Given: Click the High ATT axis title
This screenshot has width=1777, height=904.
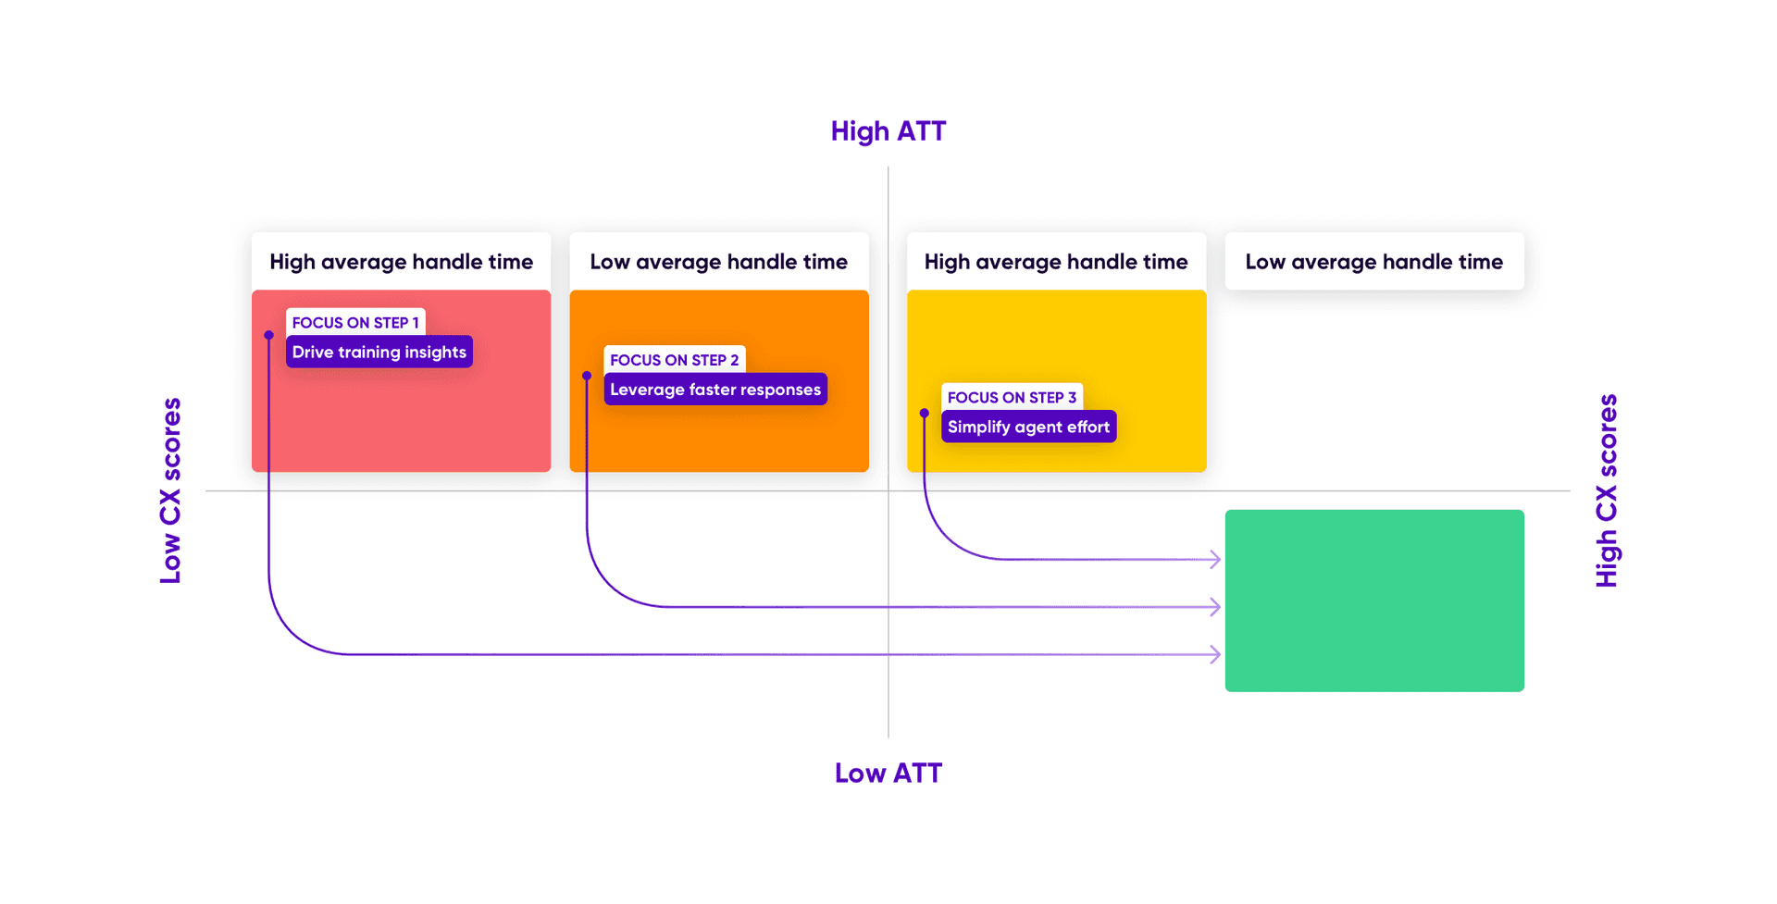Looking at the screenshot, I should pos(888,131).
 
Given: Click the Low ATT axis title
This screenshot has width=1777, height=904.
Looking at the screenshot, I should pos(888,773).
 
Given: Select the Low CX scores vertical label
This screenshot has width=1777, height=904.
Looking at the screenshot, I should pos(170,490).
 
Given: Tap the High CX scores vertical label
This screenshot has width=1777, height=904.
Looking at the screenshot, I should pos(1607,490).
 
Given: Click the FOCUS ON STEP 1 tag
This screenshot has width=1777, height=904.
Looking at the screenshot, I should pos(355,322).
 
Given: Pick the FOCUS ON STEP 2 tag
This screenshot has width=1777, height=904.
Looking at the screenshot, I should pos(674,360).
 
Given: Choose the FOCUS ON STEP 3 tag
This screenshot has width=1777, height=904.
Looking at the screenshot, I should pos(1012,397).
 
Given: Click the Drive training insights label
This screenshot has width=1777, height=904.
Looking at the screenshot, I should pos(379,352).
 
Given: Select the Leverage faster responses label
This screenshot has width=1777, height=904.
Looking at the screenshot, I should pos(715,390).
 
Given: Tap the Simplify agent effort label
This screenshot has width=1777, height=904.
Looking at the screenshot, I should pos(1028,427).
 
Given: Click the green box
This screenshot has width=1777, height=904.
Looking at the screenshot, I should pos(1373,601).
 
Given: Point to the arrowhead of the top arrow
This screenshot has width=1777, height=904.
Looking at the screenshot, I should pos(1215,559).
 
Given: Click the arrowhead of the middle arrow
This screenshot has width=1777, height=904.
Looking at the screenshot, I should pos(1215,607).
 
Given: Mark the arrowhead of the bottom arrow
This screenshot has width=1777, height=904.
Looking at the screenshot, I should pos(1215,654).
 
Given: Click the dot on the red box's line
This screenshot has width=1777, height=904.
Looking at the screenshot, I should pos(268,335).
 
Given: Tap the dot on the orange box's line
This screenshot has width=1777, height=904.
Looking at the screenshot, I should pos(587,376).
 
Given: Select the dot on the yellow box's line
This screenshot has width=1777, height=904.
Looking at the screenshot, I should pos(924,413).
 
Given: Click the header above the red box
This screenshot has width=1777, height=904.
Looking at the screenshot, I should pos(401,262).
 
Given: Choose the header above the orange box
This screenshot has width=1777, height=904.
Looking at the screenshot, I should pos(718,262).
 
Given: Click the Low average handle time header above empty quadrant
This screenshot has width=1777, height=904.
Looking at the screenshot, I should pos(1373,262).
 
